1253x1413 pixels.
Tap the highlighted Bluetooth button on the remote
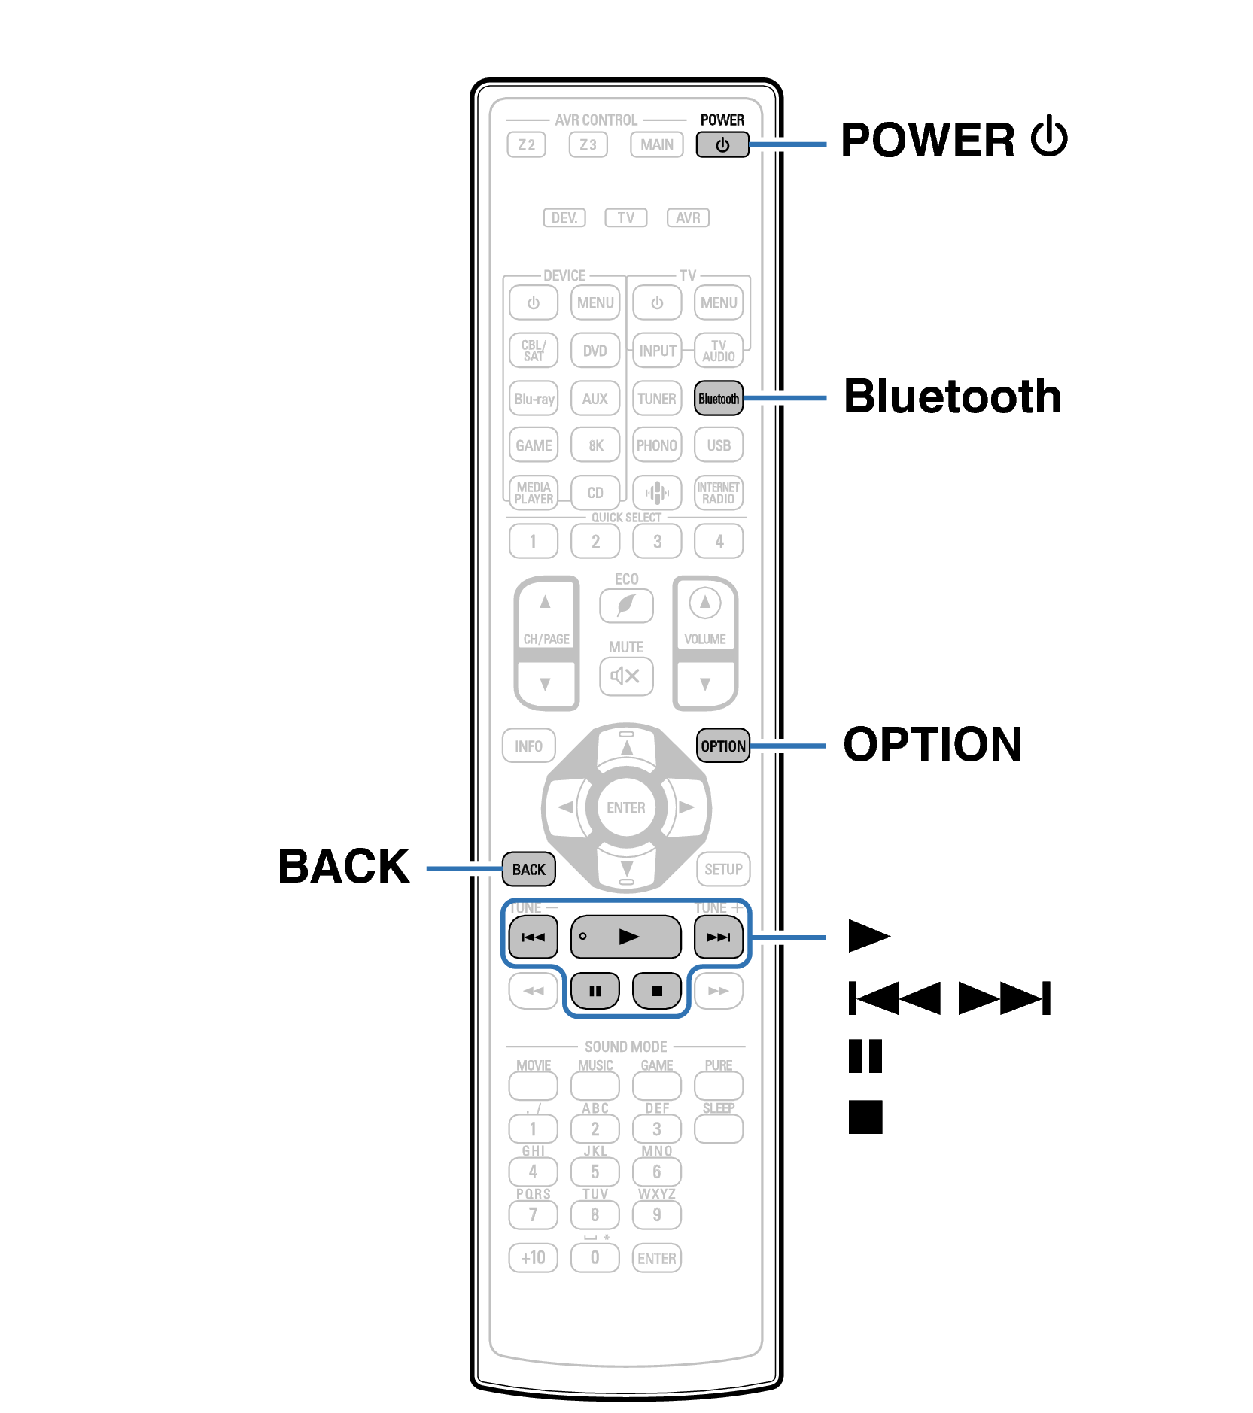(x=718, y=399)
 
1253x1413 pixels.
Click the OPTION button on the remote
(x=722, y=746)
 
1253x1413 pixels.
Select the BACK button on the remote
(x=528, y=869)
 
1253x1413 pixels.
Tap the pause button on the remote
(x=595, y=990)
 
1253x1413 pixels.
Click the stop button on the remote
(x=656, y=990)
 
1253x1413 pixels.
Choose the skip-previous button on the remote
(x=533, y=937)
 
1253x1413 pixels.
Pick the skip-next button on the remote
(x=718, y=937)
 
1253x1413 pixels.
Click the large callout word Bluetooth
(x=952, y=397)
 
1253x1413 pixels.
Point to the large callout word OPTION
(x=932, y=744)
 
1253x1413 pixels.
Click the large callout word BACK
(x=344, y=866)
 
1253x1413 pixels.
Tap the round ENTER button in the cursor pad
(x=625, y=807)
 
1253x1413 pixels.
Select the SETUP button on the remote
(x=723, y=869)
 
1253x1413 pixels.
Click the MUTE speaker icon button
(x=625, y=676)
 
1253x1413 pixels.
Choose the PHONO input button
(x=656, y=445)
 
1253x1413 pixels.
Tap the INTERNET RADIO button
(x=718, y=493)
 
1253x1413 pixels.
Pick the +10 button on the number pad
(x=533, y=1257)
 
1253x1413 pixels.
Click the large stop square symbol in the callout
(x=865, y=1117)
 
